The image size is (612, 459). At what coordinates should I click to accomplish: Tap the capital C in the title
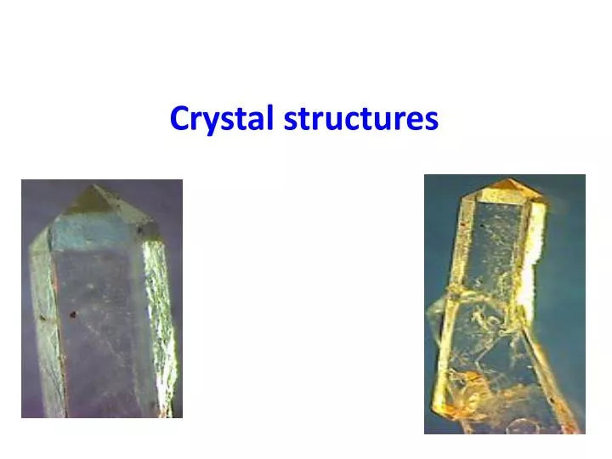[178, 118]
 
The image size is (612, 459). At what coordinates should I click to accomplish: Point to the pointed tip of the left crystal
[94, 190]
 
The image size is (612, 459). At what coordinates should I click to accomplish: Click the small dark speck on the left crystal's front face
[73, 314]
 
